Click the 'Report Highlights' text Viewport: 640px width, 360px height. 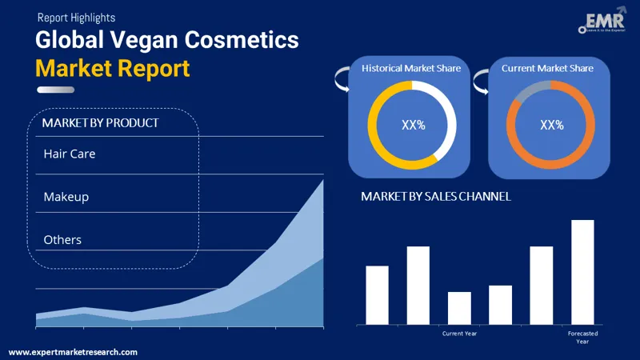point(76,17)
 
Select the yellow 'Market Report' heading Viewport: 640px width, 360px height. point(113,68)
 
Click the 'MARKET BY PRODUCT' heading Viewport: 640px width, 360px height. point(100,122)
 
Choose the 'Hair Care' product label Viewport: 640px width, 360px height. point(70,153)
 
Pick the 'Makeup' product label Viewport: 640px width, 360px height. point(66,196)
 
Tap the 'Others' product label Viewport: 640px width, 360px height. point(62,239)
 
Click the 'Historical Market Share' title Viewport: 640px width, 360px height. point(411,68)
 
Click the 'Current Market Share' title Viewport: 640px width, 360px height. point(547,68)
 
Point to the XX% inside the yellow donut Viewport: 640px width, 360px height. point(412,125)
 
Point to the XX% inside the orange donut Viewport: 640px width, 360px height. point(551,125)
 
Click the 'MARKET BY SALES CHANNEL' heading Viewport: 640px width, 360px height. point(436,196)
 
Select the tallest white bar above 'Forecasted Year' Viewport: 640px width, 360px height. point(582,272)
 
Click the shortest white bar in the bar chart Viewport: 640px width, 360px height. point(459,308)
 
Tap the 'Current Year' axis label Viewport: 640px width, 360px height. point(459,333)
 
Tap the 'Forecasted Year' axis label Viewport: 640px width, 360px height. point(582,337)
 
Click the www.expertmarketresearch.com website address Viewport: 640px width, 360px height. point(73,352)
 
